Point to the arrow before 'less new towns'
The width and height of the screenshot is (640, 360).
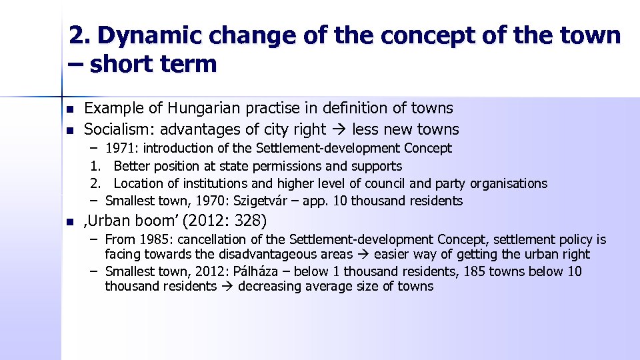339,129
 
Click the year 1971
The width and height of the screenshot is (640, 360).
123,148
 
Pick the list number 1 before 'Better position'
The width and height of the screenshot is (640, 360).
95,166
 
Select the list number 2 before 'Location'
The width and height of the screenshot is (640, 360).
95,183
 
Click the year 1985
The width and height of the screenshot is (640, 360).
155,239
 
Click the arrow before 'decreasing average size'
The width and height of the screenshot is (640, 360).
227,287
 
